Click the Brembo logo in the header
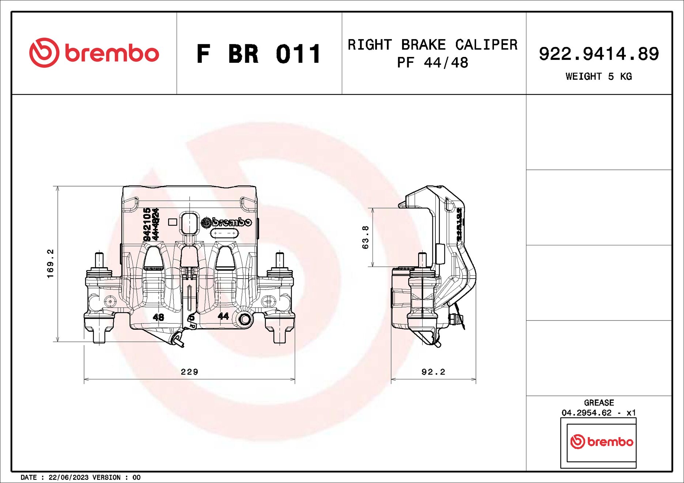point(94,53)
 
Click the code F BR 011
point(258,54)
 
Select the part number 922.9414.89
point(598,54)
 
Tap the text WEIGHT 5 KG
point(598,76)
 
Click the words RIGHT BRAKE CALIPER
point(432,45)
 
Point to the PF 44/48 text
point(432,63)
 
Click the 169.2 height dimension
point(50,264)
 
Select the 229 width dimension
point(189,372)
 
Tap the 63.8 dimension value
point(365,237)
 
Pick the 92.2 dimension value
point(433,372)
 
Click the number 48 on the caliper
point(158,317)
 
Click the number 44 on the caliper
point(223,316)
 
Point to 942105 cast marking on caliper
point(147,225)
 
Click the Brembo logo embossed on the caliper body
point(227,222)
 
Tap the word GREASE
point(598,403)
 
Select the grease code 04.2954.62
point(586,413)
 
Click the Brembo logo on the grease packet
point(601,442)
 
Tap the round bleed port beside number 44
point(245,319)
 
